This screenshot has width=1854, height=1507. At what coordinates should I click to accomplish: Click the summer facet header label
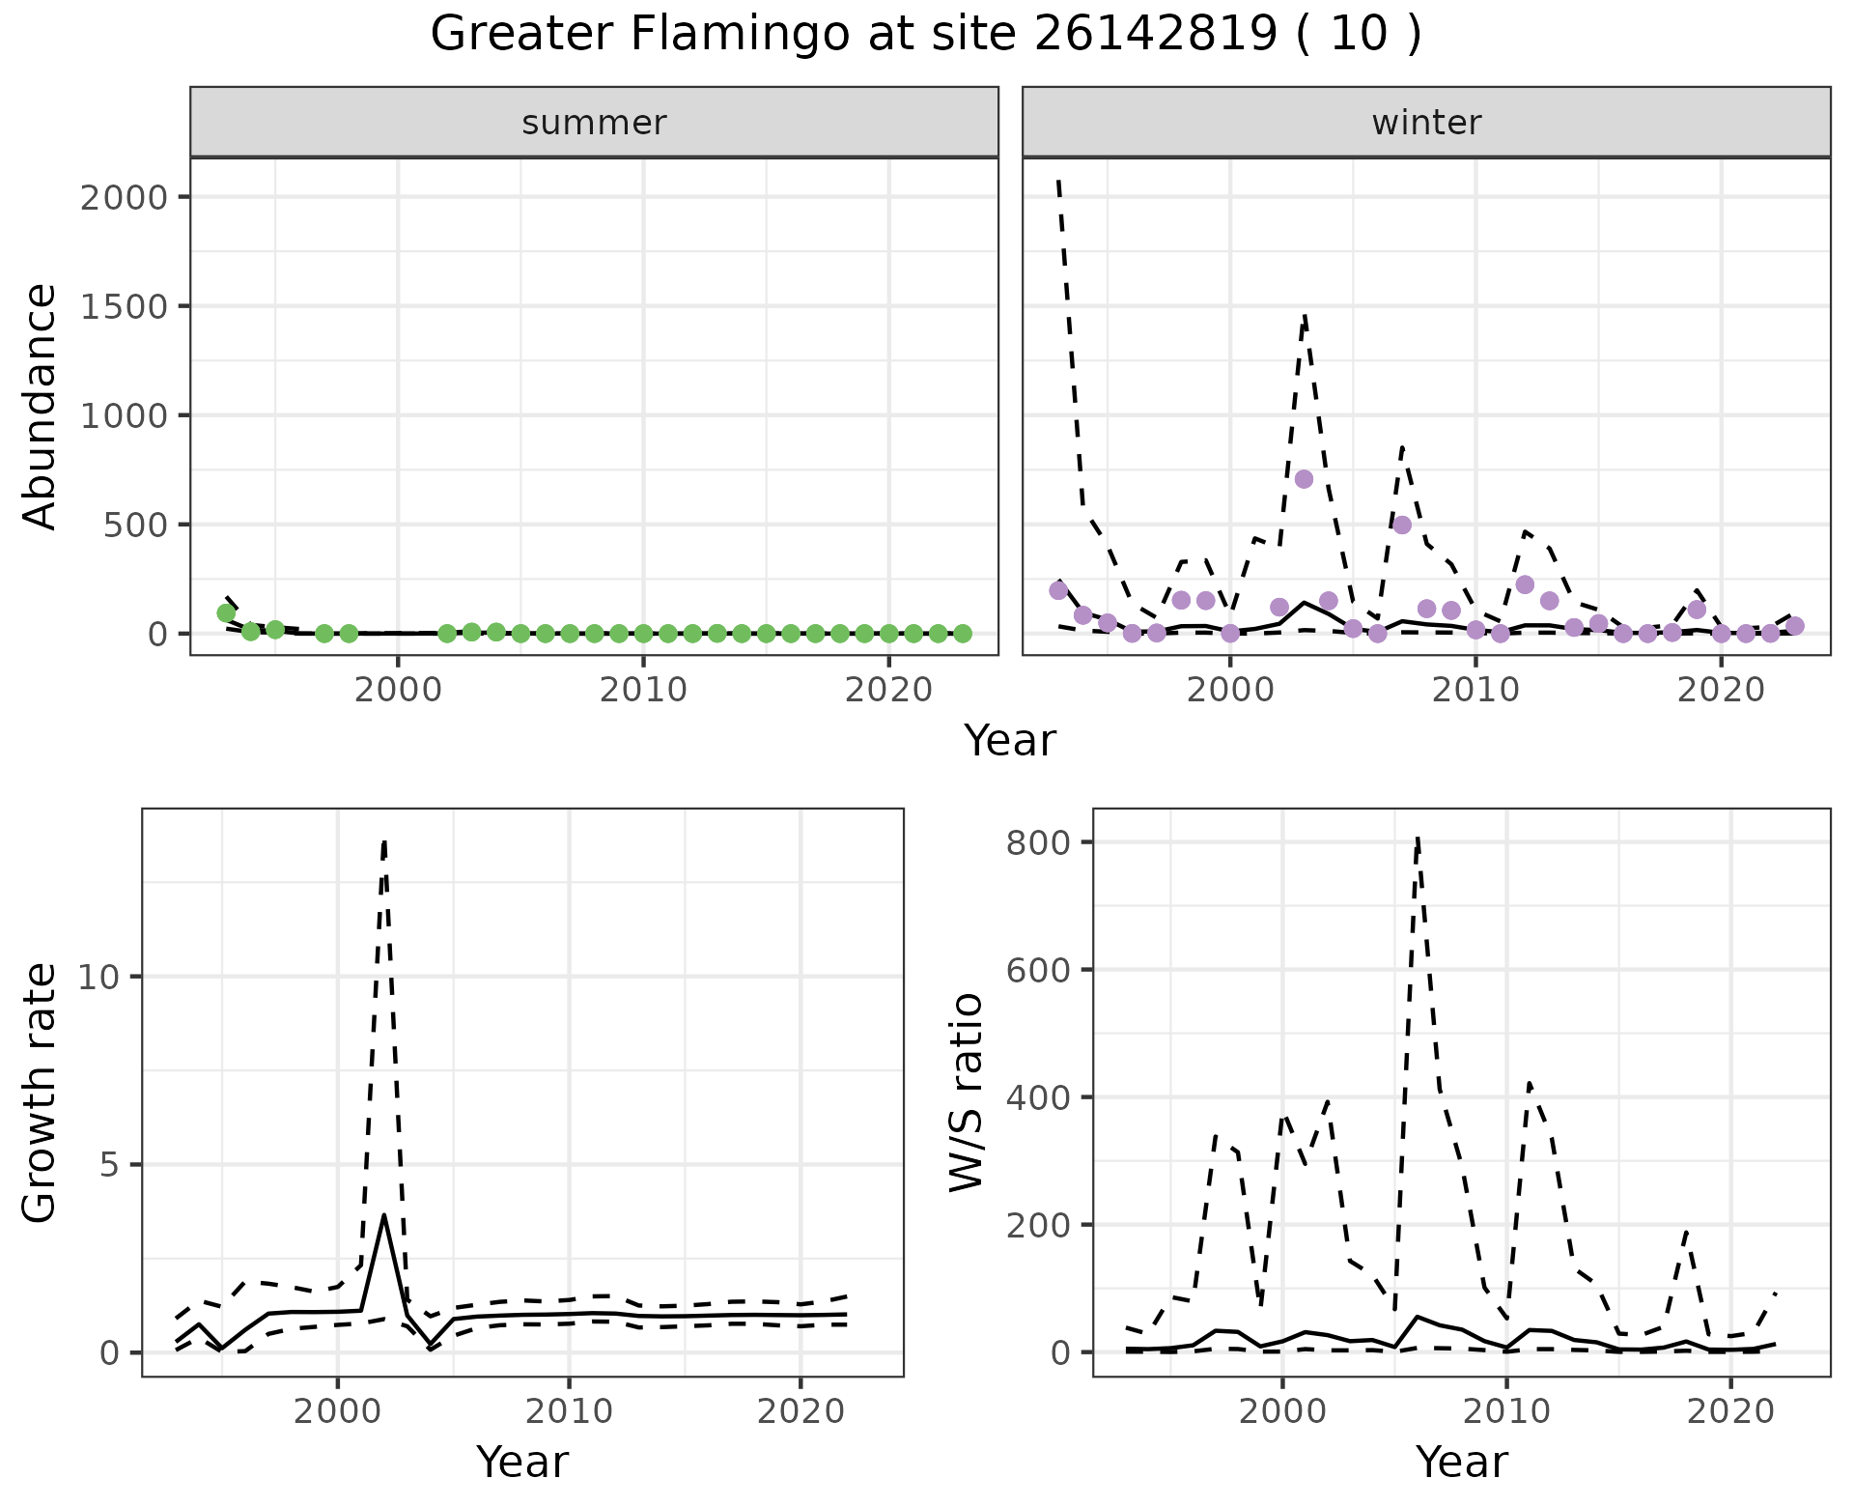pos(594,123)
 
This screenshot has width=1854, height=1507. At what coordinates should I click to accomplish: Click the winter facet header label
pos(1426,123)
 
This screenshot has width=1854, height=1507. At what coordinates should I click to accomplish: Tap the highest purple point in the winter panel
pos(1304,479)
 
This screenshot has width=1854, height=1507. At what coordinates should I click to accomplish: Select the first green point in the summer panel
pos(226,612)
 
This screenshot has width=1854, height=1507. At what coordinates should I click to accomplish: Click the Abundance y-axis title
pos(40,406)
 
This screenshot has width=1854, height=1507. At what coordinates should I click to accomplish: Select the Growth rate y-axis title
pos(40,1093)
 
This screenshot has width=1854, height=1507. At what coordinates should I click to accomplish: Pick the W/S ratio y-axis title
pos(966,1093)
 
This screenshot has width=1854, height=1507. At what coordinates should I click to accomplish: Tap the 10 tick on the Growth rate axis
pos(99,977)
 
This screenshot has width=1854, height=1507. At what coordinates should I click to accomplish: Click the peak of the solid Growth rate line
pos(384,1215)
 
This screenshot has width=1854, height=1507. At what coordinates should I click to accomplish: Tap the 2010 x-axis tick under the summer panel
pos(643,690)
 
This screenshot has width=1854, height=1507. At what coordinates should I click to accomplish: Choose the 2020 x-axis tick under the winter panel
pos(1720,690)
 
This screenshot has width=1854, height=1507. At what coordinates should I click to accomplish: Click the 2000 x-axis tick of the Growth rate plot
pos(337,1411)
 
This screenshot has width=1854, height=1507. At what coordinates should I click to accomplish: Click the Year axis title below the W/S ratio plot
pos(1461,1462)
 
